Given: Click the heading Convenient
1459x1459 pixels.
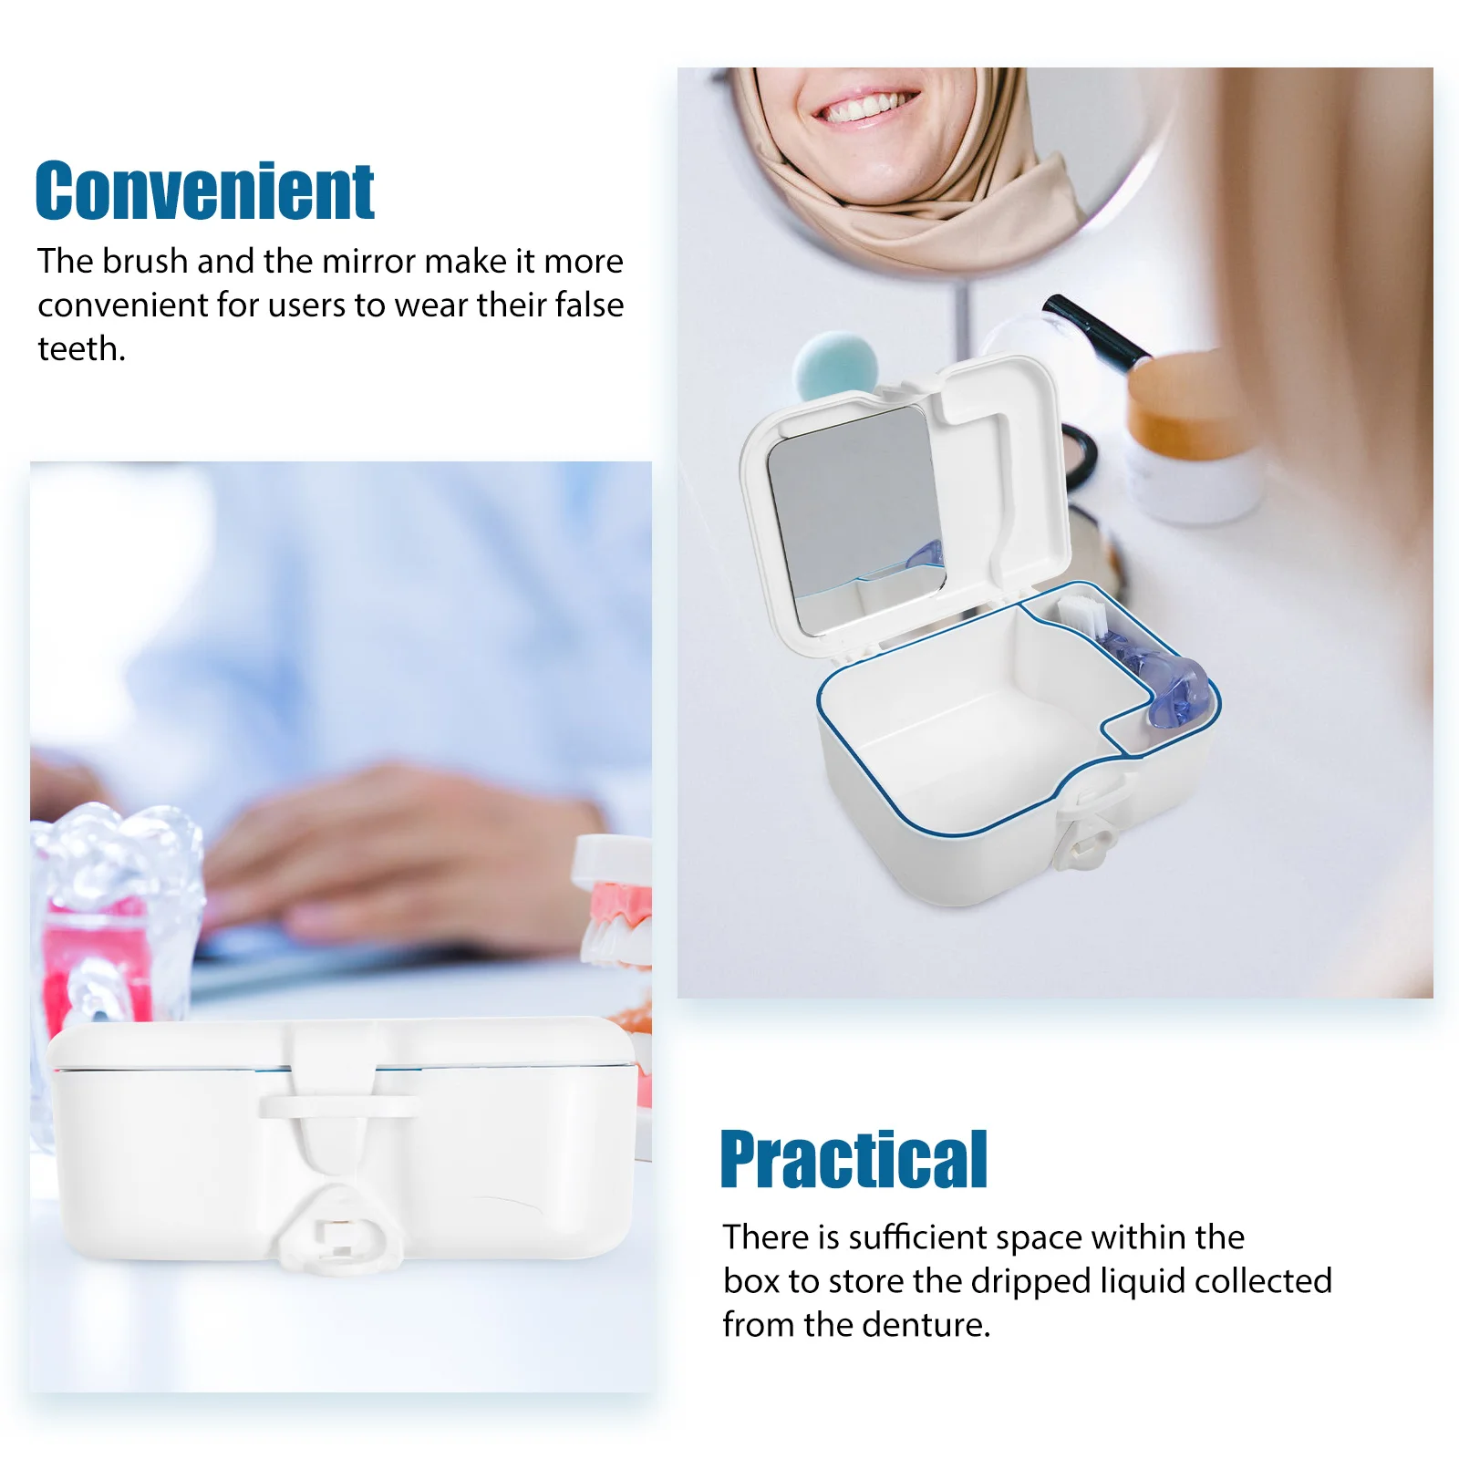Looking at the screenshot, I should click(204, 191).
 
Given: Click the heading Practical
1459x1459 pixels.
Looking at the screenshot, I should click(854, 1159).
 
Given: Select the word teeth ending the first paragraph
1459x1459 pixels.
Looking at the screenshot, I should click(79, 349).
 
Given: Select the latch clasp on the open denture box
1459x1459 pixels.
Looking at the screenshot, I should click(1089, 834).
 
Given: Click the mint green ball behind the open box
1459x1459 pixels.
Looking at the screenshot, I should click(834, 365).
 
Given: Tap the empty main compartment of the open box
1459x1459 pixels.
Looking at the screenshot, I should click(967, 720).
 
